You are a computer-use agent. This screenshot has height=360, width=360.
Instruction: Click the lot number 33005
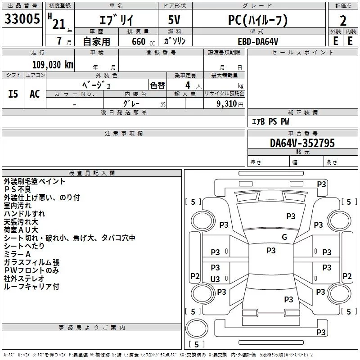[22, 19]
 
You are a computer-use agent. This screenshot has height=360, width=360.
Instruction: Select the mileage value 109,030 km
[53, 65]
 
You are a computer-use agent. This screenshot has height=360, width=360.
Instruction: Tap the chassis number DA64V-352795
[302, 143]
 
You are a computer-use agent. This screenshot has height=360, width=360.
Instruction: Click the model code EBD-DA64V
[258, 41]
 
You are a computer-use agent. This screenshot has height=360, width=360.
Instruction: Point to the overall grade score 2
[343, 21]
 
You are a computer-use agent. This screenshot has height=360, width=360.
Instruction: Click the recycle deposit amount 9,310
[227, 104]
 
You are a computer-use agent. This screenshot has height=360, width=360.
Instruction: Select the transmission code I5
[13, 94]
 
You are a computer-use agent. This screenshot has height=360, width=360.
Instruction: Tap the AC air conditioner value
[35, 94]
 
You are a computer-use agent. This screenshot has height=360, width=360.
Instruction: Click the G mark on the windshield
[284, 237]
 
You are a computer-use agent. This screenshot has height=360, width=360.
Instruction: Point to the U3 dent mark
[215, 279]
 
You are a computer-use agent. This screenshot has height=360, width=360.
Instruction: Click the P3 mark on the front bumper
[321, 184]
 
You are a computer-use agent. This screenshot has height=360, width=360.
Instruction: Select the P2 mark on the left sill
[195, 276]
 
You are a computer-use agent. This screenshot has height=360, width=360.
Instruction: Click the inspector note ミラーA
[17, 254]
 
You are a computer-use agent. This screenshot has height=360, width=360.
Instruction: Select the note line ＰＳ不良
[17, 189]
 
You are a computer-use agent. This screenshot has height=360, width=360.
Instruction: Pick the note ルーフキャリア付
[31, 287]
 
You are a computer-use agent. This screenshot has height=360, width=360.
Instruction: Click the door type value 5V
[174, 20]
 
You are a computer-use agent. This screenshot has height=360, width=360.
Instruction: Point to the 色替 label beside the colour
[157, 85]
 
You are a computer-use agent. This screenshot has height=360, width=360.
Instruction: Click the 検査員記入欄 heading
[92, 173]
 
